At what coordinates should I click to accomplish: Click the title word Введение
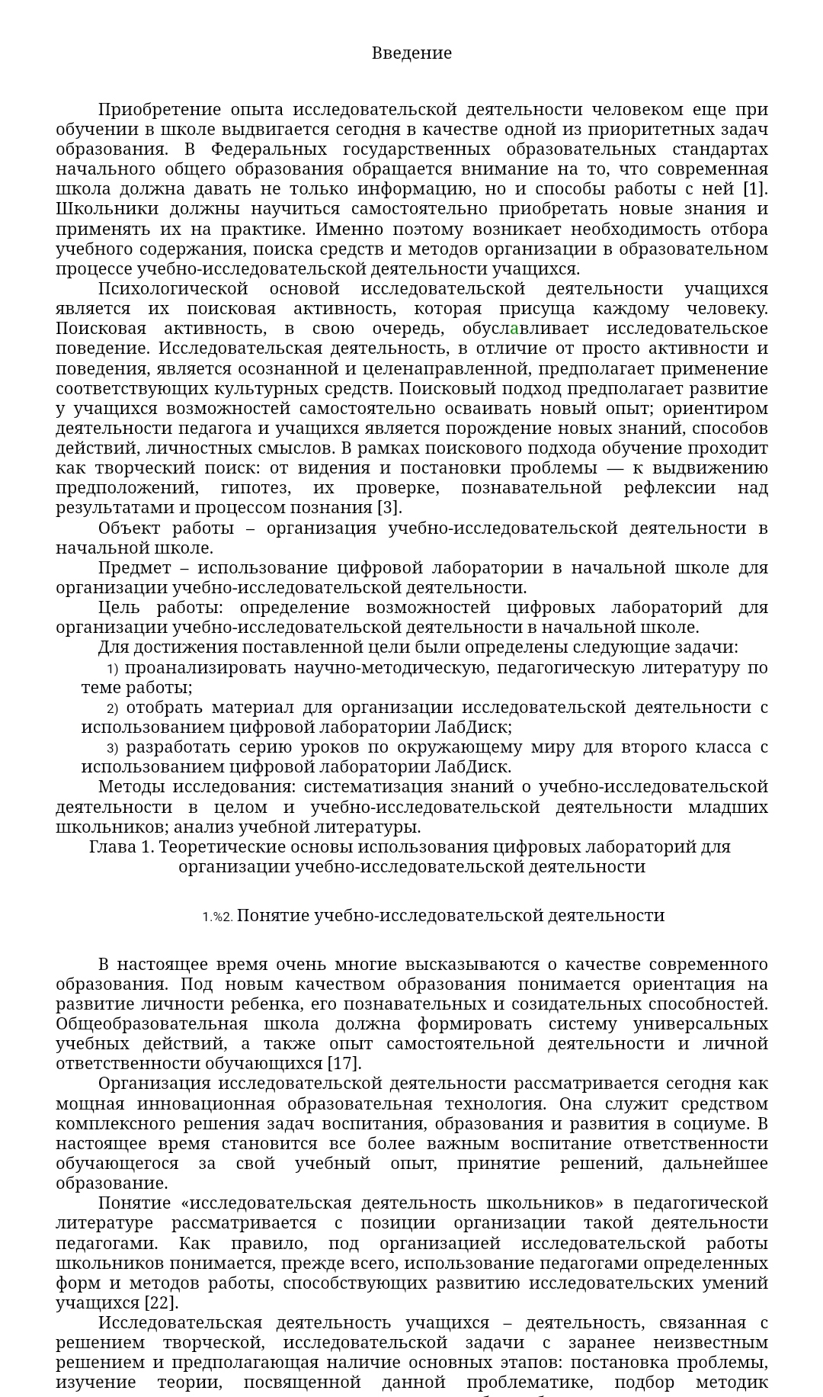pyautogui.click(x=411, y=53)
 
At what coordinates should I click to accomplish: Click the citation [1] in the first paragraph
pyautogui.click(x=755, y=188)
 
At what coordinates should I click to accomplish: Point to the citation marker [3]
pyautogui.click(x=389, y=507)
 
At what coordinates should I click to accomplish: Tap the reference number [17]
pyautogui.click(x=344, y=1063)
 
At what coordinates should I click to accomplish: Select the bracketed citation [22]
pyautogui.click(x=161, y=1302)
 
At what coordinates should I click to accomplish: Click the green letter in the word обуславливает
pyautogui.click(x=514, y=329)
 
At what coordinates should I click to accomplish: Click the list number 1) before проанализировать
pyautogui.click(x=112, y=669)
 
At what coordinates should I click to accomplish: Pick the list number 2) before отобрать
pyautogui.click(x=112, y=708)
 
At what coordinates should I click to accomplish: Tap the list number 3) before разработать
pyautogui.click(x=112, y=748)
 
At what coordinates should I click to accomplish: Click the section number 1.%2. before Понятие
pyautogui.click(x=217, y=917)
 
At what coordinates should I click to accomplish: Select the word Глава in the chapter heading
pyautogui.click(x=112, y=846)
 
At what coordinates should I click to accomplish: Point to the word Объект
pyautogui.click(x=129, y=528)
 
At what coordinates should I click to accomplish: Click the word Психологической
pyautogui.click(x=173, y=288)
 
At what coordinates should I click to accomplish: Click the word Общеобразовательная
pyautogui.click(x=152, y=1023)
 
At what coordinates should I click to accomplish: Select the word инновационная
pyautogui.click(x=206, y=1103)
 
